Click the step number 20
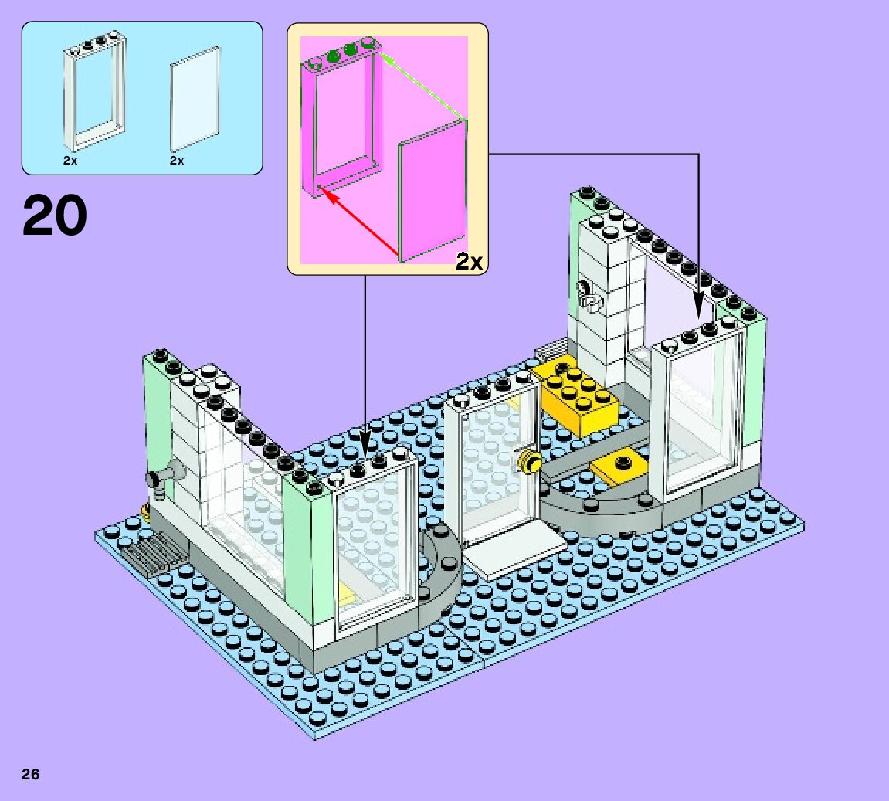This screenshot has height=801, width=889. (55, 216)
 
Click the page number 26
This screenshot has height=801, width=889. (31, 775)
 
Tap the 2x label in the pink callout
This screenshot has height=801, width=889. (469, 263)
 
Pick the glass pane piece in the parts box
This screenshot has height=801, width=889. (195, 99)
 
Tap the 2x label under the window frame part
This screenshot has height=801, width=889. (70, 161)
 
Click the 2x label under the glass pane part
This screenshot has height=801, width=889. (177, 161)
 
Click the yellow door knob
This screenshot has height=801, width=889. (530, 462)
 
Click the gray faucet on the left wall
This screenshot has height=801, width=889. (165, 475)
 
